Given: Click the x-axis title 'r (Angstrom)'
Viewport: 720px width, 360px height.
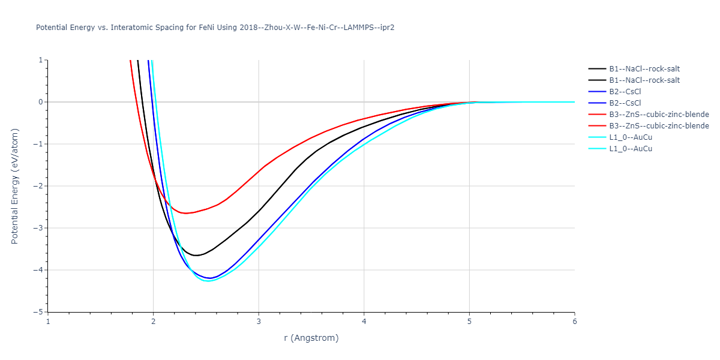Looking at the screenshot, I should pos(311,338).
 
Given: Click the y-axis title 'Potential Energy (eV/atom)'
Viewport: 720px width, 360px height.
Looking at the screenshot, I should pos(15,186).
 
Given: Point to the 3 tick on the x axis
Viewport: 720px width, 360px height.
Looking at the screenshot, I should pos(259,321).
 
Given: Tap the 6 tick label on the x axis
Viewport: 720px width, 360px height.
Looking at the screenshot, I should pos(574,321).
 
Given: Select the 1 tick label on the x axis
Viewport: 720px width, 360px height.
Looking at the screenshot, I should pos(48,321).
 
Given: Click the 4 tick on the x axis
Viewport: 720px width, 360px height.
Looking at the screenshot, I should pos(364,321).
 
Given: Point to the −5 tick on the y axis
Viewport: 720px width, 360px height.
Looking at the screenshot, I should pos(40,312).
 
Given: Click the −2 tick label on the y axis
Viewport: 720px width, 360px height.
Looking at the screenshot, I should pos(40,186).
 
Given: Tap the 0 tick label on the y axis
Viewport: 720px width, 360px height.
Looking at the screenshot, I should pos(41,102).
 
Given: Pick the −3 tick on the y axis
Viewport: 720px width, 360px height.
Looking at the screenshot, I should pos(40,228).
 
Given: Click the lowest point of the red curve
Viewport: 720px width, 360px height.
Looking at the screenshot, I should pos(186,213).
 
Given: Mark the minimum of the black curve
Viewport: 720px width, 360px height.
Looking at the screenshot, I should pos(196,256).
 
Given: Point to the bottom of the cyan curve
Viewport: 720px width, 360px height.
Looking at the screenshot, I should pos(208,281).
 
